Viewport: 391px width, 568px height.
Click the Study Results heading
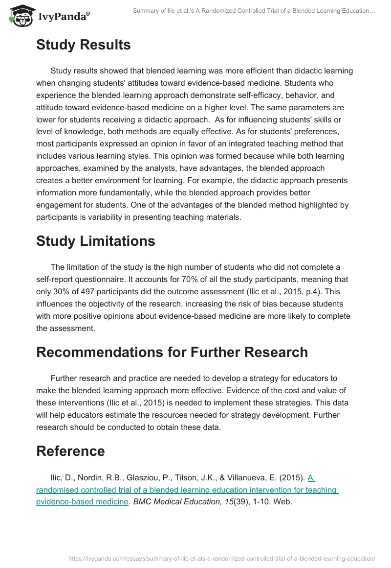tap(83, 45)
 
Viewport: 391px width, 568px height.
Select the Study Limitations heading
tap(95, 241)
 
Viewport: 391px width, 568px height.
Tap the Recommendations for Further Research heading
tap(172, 352)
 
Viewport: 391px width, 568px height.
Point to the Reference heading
tap(70, 451)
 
